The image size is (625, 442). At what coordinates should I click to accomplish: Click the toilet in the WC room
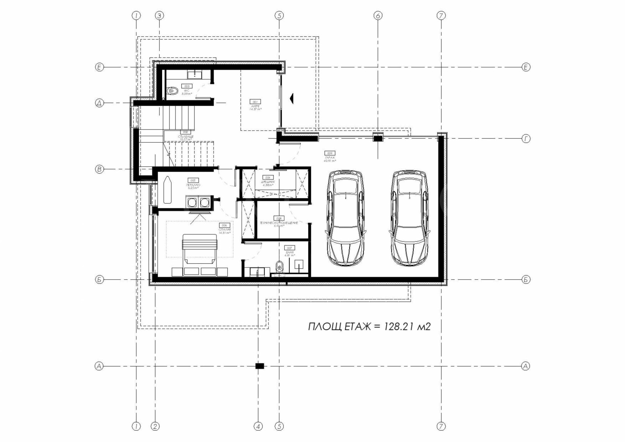point(171,91)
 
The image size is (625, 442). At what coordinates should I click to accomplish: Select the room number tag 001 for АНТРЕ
point(255,102)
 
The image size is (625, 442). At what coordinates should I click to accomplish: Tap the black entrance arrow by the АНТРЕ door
point(291,98)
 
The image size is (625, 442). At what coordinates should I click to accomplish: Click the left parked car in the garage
point(346,218)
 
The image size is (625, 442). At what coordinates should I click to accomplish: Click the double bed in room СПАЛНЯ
point(199,249)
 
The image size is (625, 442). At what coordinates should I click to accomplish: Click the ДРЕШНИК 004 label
point(268,181)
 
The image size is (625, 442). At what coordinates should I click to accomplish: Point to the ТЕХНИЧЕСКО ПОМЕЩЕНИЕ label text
point(279,223)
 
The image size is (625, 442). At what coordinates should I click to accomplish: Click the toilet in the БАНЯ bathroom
point(279,267)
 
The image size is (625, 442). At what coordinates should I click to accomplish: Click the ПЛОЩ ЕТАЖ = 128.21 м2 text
point(369,327)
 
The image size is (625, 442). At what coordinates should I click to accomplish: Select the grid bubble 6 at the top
point(377,16)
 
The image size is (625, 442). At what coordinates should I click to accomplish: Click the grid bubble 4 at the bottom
point(258,426)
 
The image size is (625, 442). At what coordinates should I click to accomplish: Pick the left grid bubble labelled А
point(99,366)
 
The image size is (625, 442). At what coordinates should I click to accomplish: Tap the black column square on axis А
point(260,366)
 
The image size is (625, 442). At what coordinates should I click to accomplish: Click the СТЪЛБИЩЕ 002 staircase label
point(186,135)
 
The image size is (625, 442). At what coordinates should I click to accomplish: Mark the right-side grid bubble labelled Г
point(526,138)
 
